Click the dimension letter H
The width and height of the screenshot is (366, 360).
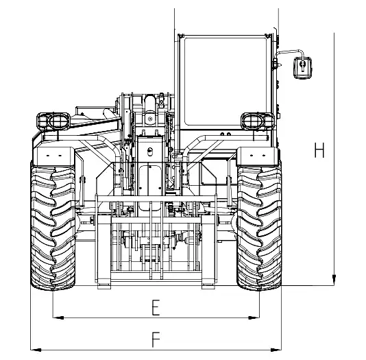(x=319, y=150)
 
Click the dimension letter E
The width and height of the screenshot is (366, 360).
(x=156, y=308)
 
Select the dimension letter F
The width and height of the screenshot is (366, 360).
(x=156, y=339)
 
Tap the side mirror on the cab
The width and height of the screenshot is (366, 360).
(x=302, y=68)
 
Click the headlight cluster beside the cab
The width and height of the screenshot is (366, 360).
(x=258, y=121)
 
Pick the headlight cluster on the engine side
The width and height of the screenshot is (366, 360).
(x=53, y=121)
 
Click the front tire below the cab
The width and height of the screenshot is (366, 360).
(x=259, y=228)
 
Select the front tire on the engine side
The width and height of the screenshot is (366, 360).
(x=53, y=228)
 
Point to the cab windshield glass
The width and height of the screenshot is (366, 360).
(x=225, y=82)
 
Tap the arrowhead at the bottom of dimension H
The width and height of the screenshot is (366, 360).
(x=334, y=280)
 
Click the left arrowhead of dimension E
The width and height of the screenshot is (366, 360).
(x=58, y=317)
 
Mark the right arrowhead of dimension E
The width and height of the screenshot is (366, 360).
(x=254, y=317)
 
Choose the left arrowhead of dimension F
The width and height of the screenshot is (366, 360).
(x=36, y=350)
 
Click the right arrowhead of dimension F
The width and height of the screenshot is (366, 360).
(x=276, y=350)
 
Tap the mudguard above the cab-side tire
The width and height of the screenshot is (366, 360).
(x=258, y=156)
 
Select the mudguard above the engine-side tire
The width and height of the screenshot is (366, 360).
(x=54, y=156)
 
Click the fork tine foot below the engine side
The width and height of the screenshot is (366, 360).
(x=104, y=285)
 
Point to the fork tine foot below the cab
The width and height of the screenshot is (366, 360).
(x=208, y=285)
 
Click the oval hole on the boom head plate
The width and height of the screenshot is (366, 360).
(x=150, y=152)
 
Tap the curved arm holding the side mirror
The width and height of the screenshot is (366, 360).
(x=289, y=51)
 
